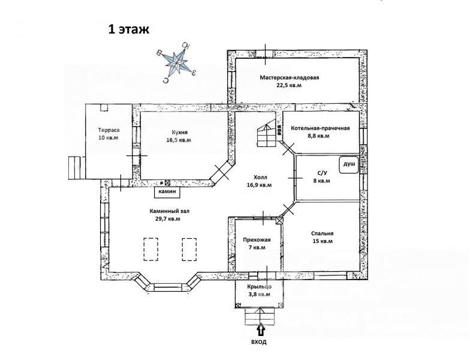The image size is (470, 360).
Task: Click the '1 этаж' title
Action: click(128, 29)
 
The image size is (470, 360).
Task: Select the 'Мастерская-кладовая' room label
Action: click(290, 77)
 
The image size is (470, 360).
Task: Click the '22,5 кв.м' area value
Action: click(290, 86)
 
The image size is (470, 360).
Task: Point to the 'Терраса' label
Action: click(109, 130)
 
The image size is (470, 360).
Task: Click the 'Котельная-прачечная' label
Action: click(320, 128)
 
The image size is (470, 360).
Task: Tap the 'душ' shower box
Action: click(349, 164)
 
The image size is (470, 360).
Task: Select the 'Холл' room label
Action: click(260, 177)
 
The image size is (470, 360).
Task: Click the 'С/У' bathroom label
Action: click(322, 173)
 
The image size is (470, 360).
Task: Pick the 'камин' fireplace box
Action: click(168, 192)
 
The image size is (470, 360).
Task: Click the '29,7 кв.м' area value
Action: click(167, 219)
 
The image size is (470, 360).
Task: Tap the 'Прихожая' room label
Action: click(257, 239)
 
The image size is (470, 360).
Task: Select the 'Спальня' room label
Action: click(323, 233)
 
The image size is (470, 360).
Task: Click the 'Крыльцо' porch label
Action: click(259, 287)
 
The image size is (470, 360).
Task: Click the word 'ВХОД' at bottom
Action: click(260, 342)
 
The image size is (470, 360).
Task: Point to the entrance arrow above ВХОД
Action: click(260, 329)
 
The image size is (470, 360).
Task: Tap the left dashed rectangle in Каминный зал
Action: click(151, 249)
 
